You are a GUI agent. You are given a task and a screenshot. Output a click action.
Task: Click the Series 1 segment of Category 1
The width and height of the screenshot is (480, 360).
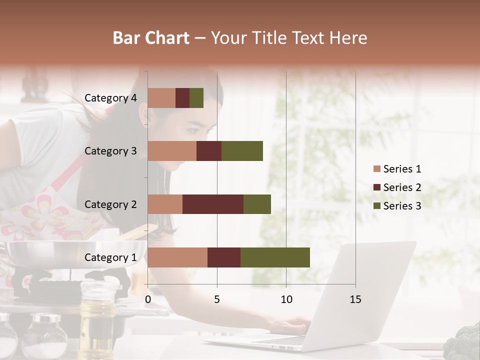(177, 257)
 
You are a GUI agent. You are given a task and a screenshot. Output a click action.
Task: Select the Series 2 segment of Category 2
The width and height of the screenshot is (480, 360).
(213, 204)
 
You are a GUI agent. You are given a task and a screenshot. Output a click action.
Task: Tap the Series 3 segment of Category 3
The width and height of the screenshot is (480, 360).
(242, 151)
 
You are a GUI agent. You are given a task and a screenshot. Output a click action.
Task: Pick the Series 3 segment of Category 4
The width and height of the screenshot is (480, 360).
(196, 98)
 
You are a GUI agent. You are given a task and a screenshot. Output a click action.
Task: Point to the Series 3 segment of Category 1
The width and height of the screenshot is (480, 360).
(275, 257)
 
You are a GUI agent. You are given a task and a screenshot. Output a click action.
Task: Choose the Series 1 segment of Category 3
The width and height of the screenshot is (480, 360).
(172, 151)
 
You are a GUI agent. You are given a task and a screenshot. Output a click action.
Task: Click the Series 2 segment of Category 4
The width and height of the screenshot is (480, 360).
(182, 98)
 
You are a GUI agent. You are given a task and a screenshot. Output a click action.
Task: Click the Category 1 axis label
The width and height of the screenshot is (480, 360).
(110, 257)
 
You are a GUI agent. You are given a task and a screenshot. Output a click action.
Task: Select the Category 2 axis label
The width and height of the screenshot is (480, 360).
(110, 204)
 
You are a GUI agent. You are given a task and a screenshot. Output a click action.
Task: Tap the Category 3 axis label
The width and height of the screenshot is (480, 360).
(110, 151)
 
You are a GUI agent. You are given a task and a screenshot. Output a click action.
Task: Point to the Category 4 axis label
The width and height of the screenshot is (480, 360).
(110, 98)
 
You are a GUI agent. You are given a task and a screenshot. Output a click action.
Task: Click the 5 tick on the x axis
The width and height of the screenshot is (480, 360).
(217, 299)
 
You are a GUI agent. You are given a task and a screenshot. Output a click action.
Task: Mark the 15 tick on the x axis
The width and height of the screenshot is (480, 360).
(355, 299)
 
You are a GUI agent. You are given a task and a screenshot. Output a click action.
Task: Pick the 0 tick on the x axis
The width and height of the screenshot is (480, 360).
(148, 299)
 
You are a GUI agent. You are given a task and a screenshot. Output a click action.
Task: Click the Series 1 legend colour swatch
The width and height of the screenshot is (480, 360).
(377, 169)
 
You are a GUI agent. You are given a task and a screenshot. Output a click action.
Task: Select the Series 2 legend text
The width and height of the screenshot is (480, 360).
(402, 187)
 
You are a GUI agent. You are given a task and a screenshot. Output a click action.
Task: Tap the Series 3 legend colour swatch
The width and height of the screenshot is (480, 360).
(377, 206)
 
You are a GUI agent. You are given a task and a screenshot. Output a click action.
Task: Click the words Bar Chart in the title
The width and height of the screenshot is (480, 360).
(151, 38)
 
